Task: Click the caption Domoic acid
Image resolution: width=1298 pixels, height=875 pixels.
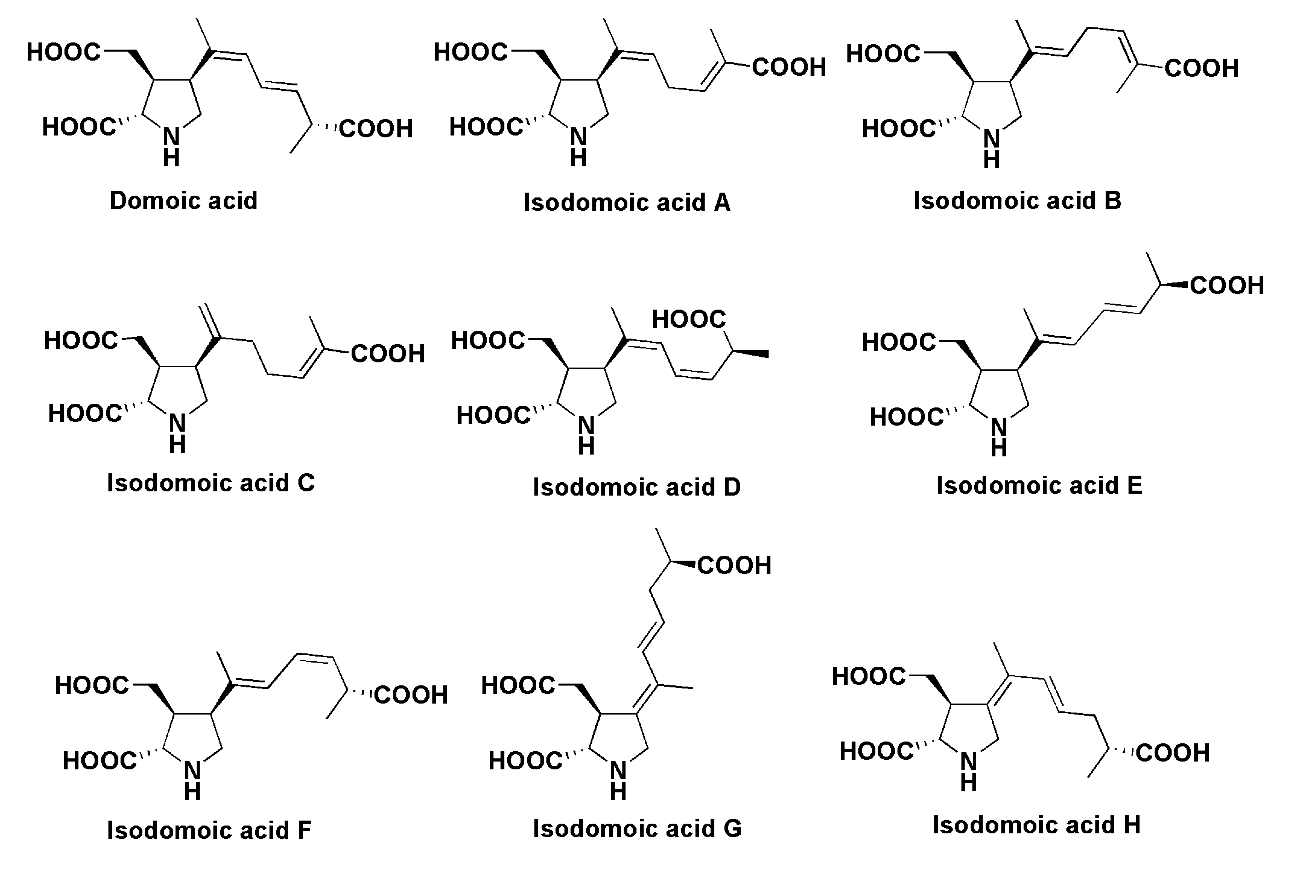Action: click(183, 201)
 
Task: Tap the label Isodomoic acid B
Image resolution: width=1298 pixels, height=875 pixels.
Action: click(1017, 201)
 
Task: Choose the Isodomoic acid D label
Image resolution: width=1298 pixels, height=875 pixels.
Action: click(637, 487)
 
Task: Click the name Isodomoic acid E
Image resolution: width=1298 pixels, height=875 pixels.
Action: click(1039, 485)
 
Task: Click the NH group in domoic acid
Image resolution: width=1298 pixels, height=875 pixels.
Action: click(171, 146)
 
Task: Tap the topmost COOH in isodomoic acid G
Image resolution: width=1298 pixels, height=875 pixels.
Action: click(734, 565)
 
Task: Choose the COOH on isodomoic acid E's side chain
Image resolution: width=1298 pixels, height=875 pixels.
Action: click(1226, 286)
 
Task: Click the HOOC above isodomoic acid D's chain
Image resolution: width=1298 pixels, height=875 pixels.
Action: click(689, 320)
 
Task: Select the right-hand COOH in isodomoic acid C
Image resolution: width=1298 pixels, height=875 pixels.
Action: click(388, 354)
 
